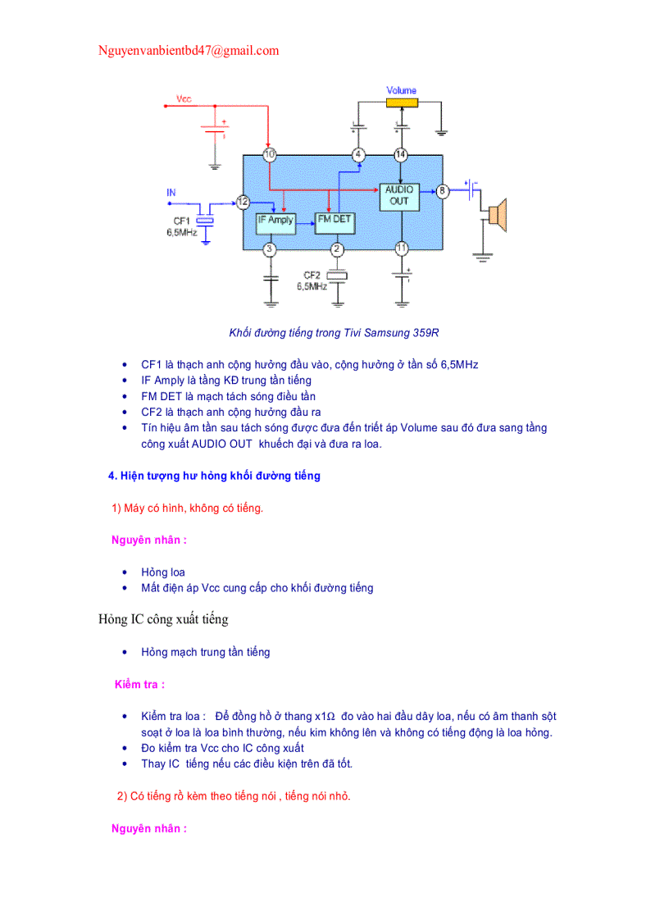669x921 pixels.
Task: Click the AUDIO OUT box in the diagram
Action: (x=399, y=195)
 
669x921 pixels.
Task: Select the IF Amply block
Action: (x=275, y=220)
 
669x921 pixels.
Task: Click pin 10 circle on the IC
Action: (x=269, y=154)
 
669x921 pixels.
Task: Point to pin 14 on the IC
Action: (x=400, y=154)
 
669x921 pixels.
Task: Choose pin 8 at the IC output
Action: (x=443, y=191)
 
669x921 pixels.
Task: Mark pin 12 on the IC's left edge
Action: (x=243, y=201)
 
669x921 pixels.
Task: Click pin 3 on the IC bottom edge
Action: (x=269, y=248)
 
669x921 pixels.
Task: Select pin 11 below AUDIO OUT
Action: (x=401, y=248)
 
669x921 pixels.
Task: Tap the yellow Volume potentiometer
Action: (x=402, y=103)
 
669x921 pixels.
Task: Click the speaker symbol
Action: (x=497, y=215)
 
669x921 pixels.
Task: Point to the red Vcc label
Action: (x=184, y=98)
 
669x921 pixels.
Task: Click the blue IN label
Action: (x=171, y=193)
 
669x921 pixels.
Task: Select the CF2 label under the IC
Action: (x=312, y=275)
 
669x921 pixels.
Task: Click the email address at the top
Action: (x=189, y=51)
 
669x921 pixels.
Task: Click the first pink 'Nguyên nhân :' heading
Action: (x=149, y=540)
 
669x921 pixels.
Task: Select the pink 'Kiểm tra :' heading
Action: (x=140, y=684)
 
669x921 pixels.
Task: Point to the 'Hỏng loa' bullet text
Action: (x=162, y=572)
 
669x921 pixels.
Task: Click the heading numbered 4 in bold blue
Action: (x=214, y=476)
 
